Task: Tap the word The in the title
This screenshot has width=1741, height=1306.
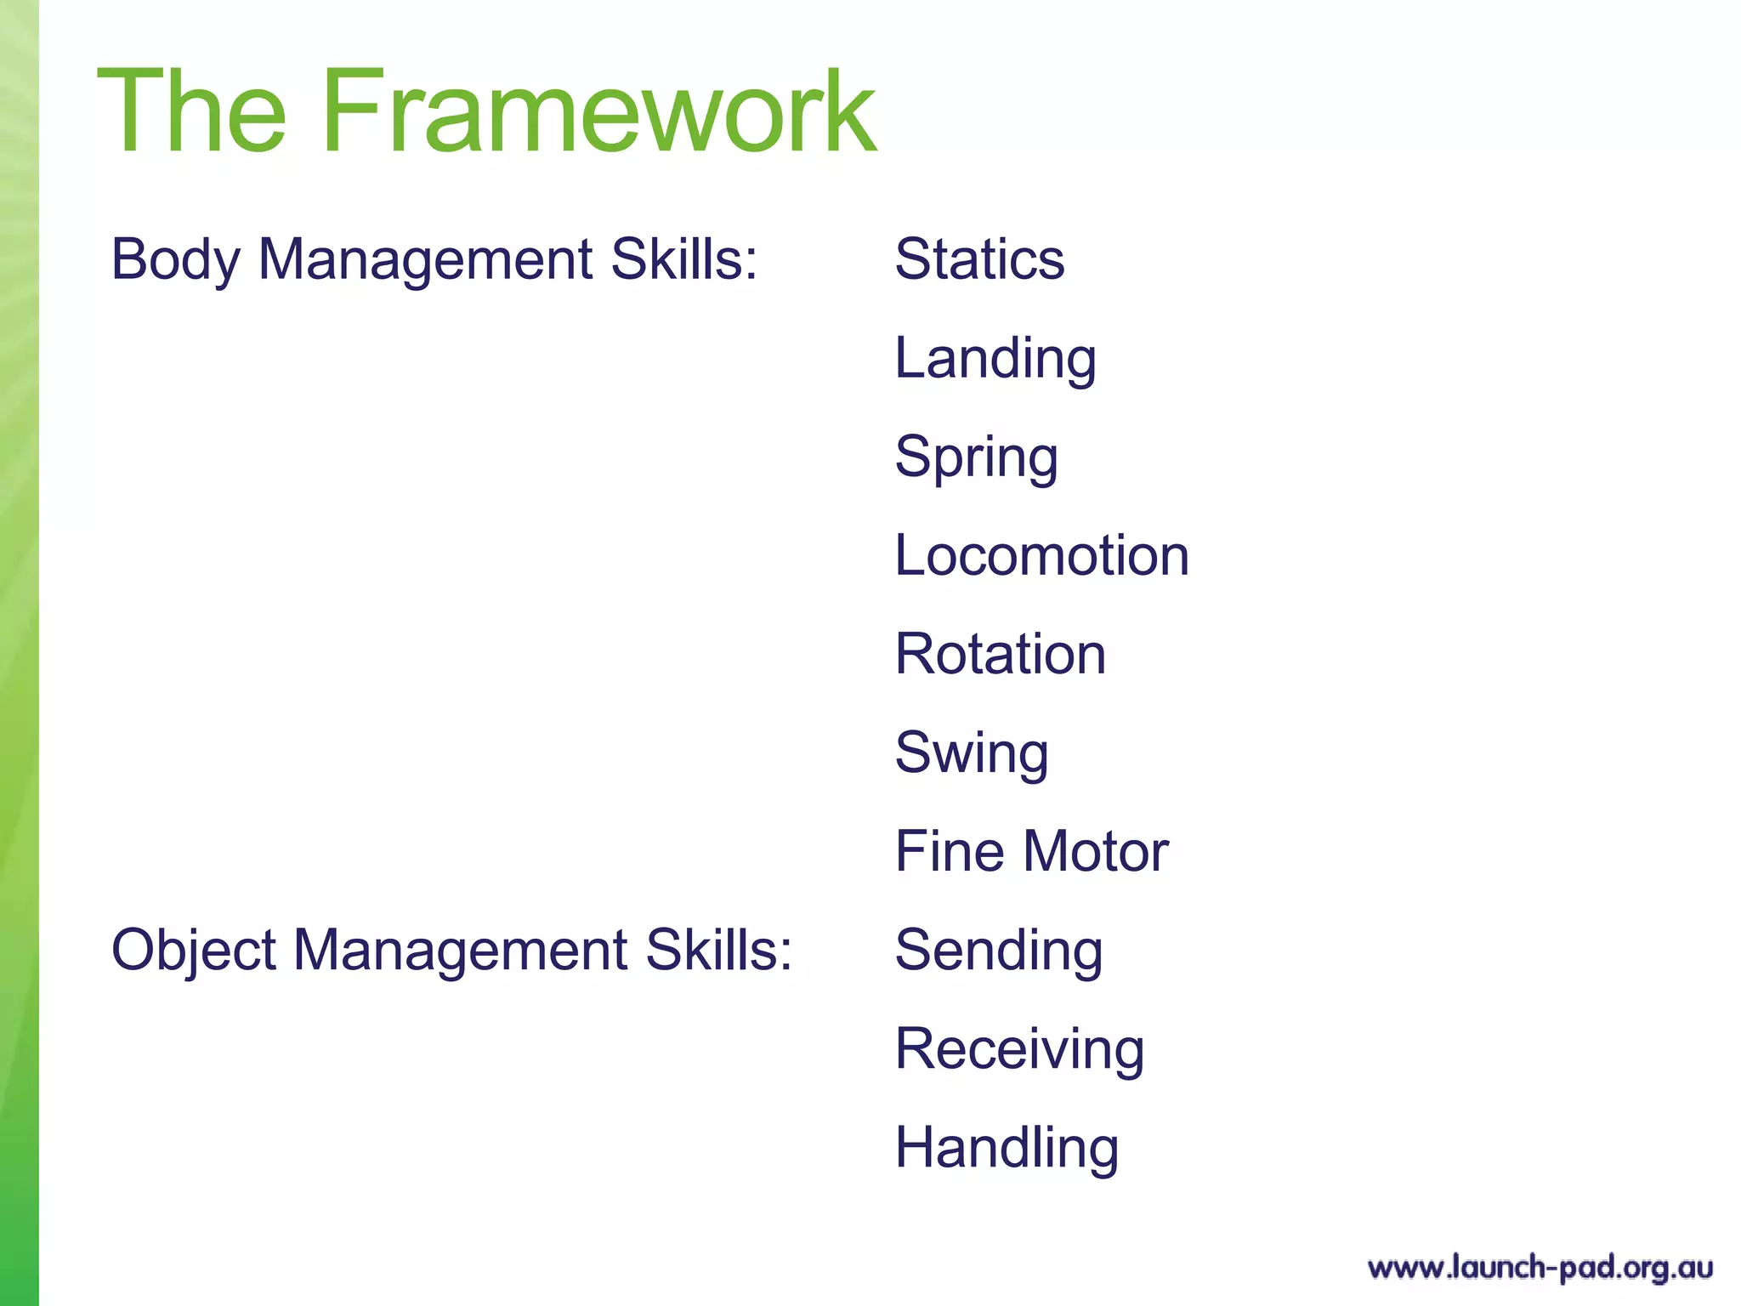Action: (192, 112)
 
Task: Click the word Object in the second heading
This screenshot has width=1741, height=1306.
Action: (194, 951)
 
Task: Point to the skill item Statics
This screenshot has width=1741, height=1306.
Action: (979, 259)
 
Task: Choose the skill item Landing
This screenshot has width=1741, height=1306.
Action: (995, 359)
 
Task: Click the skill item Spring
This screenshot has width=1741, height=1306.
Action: (977, 457)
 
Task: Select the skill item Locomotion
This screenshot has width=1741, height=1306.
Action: (1041, 556)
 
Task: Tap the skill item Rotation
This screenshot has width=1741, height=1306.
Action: (1001, 655)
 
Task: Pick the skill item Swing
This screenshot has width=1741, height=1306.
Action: (972, 753)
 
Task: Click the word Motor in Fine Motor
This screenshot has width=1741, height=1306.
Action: (1095, 852)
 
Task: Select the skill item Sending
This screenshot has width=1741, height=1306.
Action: (999, 951)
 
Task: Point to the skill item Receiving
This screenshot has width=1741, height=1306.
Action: (1019, 1049)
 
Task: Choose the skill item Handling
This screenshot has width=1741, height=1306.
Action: (1007, 1148)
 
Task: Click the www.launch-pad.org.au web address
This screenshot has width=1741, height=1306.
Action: (1540, 1268)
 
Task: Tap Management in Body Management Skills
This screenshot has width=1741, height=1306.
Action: (425, 259)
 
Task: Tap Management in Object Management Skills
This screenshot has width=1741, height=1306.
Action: (460, 951)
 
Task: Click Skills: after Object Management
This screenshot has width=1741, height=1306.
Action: (718, 951)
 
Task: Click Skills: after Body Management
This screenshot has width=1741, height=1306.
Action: (683, 259)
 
